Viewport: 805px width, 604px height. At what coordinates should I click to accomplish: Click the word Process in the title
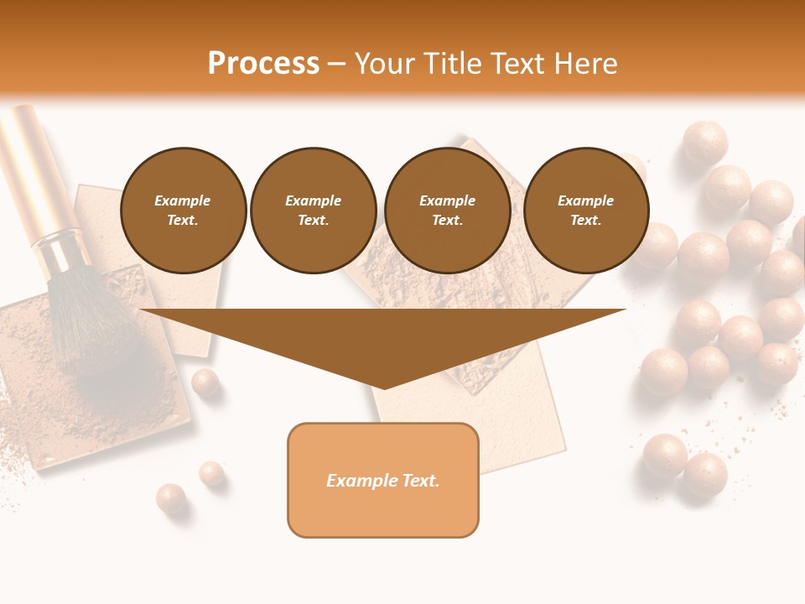pos(263,64)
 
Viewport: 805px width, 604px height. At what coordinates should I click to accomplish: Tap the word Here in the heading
pos(584,64)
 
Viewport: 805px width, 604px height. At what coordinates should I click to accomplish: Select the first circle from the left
pos(184,210)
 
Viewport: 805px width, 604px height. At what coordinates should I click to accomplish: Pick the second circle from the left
pos(314,210)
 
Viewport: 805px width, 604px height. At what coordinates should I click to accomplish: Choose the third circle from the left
pos(447,210)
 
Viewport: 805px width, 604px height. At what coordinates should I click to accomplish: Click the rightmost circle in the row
pos(586,210)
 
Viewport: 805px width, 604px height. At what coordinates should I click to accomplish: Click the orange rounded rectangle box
pos(383,512)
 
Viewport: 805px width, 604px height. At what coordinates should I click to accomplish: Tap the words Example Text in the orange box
pos(383,481)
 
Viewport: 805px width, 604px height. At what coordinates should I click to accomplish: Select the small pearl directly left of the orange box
pos(211,474)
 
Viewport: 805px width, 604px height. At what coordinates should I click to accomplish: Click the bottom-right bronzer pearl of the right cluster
pos(705,474)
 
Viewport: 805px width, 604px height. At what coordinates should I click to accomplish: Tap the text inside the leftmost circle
pos(183,211)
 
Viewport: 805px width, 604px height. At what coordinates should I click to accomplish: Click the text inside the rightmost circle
pos(585,211)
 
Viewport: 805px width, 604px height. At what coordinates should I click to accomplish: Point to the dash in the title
pos(336,64)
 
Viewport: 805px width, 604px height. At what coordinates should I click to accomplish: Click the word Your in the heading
pos(387,64)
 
